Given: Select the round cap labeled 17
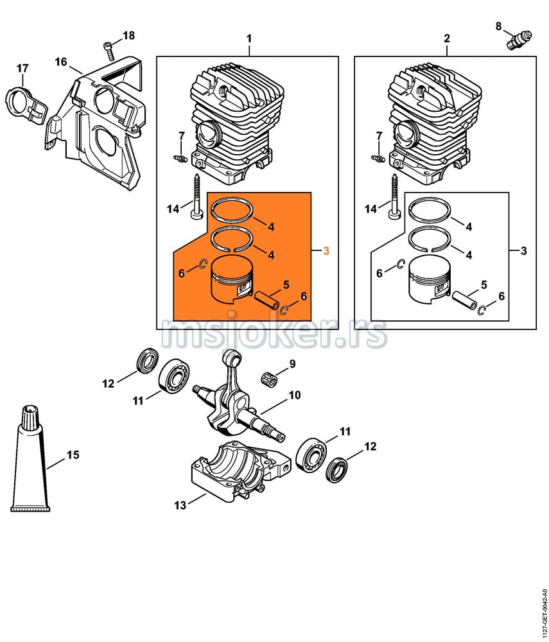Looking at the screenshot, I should coord(23,103).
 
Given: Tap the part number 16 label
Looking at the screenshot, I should coord(61,62).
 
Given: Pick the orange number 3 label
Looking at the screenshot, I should coord(326,250).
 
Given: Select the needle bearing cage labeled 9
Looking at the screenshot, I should coord(272,378).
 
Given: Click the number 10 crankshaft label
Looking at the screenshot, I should coord(294,395).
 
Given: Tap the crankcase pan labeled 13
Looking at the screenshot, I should coord(234,474).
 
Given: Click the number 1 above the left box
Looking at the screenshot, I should coord(249,39).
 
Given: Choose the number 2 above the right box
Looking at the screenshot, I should coord(447,39).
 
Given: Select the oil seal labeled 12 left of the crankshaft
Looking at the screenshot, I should coord(146,361).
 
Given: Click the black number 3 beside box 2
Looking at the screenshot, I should coord(523,250).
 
